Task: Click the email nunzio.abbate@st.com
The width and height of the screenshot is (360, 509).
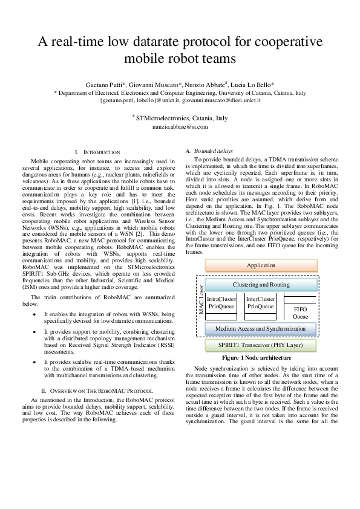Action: [x=180, y=127]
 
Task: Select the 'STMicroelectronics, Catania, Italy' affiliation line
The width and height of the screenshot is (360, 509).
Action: [x=180, y=118]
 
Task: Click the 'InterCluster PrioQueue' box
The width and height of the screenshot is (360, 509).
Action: [x=261, y=302]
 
